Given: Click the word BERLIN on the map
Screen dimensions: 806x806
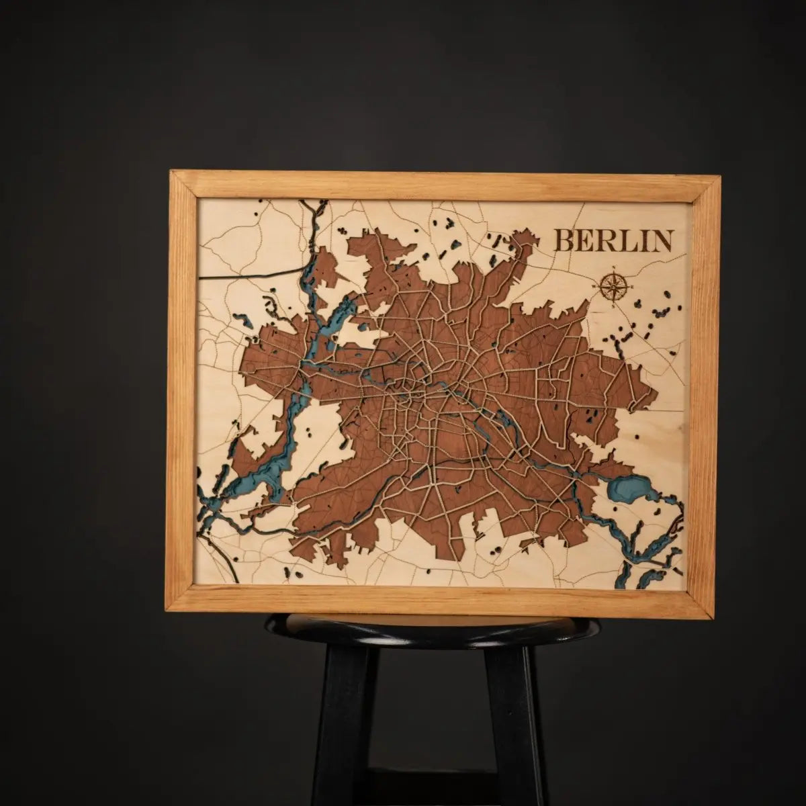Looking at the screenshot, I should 614,240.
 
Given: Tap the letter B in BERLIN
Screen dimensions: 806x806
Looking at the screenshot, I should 564,240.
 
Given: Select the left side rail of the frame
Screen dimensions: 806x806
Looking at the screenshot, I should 183,390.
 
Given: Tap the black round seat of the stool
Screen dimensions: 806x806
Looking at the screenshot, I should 430,627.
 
